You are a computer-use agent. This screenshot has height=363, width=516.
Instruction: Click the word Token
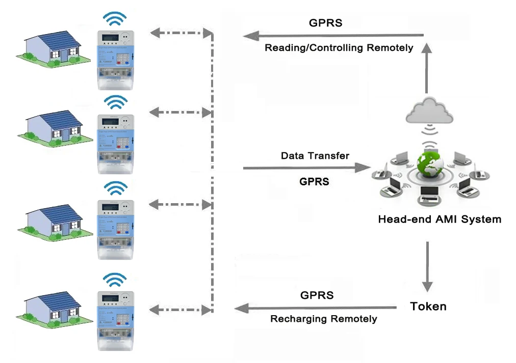428,306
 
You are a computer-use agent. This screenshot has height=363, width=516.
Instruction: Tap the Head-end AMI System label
439,220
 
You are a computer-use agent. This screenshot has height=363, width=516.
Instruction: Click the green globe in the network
429,163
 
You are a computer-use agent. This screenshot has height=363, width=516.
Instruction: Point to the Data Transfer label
315,156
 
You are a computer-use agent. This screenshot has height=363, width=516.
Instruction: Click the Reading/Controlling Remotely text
339,48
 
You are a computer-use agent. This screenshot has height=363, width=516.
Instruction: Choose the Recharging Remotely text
323,319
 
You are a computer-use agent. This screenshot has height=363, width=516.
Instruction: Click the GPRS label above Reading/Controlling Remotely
326,23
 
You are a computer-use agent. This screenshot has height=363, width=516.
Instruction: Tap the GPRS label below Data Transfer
314,181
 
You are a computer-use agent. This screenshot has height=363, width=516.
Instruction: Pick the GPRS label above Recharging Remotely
317,295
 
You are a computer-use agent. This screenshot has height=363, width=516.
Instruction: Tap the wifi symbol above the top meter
115,18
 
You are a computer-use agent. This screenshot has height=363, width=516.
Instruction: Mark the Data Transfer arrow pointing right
306,167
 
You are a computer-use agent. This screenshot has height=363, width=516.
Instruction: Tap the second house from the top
54,127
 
